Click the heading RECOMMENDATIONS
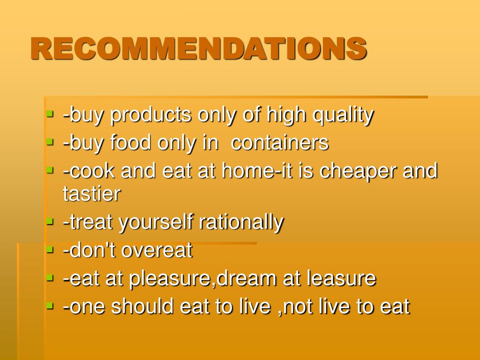(198, 49)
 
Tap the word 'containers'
(280, 143)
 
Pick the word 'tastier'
(92, 193)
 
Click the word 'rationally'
(241, 222)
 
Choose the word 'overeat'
(157, 250)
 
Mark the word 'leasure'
(341, 278)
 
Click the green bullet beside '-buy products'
(50, 114)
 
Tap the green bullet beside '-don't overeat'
(50, 249)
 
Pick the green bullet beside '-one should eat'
(50, 306)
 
